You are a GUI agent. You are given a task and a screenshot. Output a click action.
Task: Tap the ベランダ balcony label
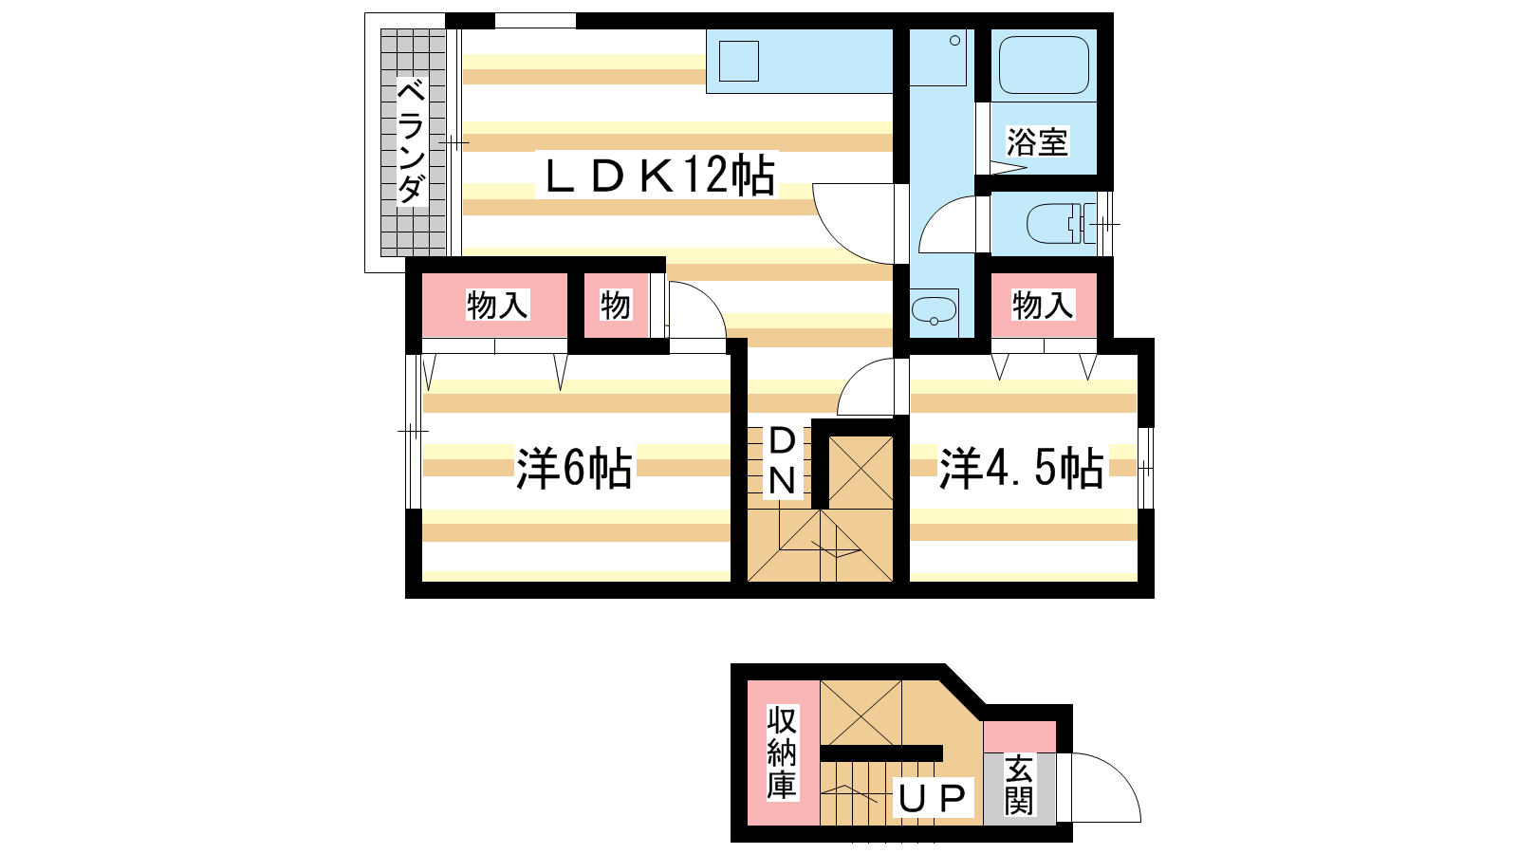click(x=412, y=141)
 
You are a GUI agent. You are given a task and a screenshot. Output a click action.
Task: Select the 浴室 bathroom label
click(x=1037, y=141)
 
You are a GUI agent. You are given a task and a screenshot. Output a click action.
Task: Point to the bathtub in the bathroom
click(x=1044, y=65)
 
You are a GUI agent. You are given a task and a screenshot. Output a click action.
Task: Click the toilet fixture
click(x=1060, y=224)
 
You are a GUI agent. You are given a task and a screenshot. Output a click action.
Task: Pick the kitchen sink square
click(x=739, y=61)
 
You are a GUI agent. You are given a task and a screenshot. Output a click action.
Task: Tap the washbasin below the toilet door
click(x=935, y=309)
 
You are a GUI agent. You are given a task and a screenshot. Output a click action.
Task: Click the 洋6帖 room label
click(x=574, y=468)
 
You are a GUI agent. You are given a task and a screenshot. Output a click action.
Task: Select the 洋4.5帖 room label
click(x=1021, y=468)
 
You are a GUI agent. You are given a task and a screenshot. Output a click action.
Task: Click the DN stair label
click(x=782, y=461)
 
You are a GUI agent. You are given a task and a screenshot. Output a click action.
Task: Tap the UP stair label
click(x=932, y=798)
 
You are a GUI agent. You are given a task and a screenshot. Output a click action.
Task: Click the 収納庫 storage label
click(x=782, y=752)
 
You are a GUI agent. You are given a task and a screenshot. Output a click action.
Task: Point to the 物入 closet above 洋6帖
click(x=494, y=305)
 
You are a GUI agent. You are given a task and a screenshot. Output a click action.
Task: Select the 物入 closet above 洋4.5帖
click(x=1044, y=305)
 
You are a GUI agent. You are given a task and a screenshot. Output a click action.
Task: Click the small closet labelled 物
click(x=616, y=305)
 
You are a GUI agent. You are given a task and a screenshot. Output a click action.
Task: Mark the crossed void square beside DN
click(x=861, y=473)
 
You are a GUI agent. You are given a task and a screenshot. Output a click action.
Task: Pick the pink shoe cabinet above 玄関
click(x=1020, y=736)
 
